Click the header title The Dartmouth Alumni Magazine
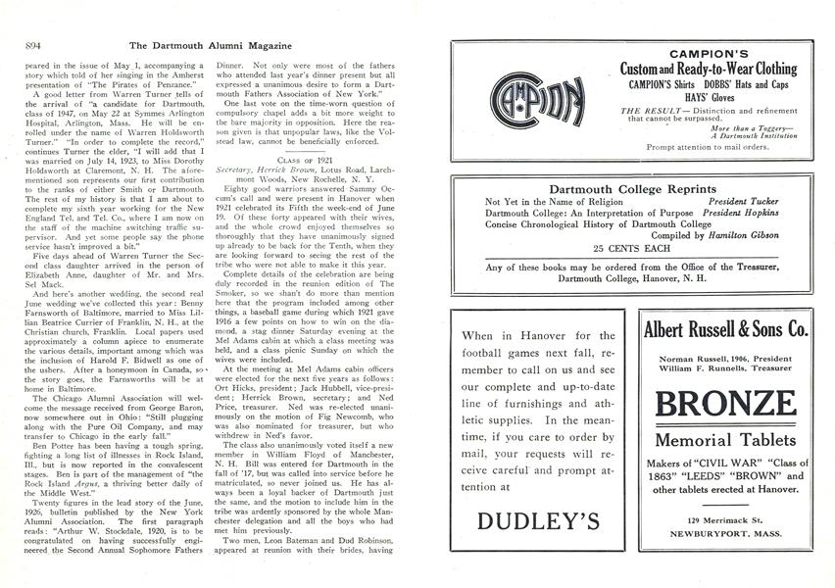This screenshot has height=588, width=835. click(x=206, y=44)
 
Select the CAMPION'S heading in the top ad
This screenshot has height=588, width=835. click(x=709, y=53)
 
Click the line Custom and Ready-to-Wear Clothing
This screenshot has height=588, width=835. click(x=709, y=70)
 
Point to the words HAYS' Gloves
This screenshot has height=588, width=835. click(x=709, y=99)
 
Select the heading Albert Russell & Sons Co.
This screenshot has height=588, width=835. click(x=726, y=329)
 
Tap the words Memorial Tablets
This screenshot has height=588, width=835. click(x=726, y=442)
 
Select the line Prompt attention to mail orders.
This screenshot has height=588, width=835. click(x=709, y=146)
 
